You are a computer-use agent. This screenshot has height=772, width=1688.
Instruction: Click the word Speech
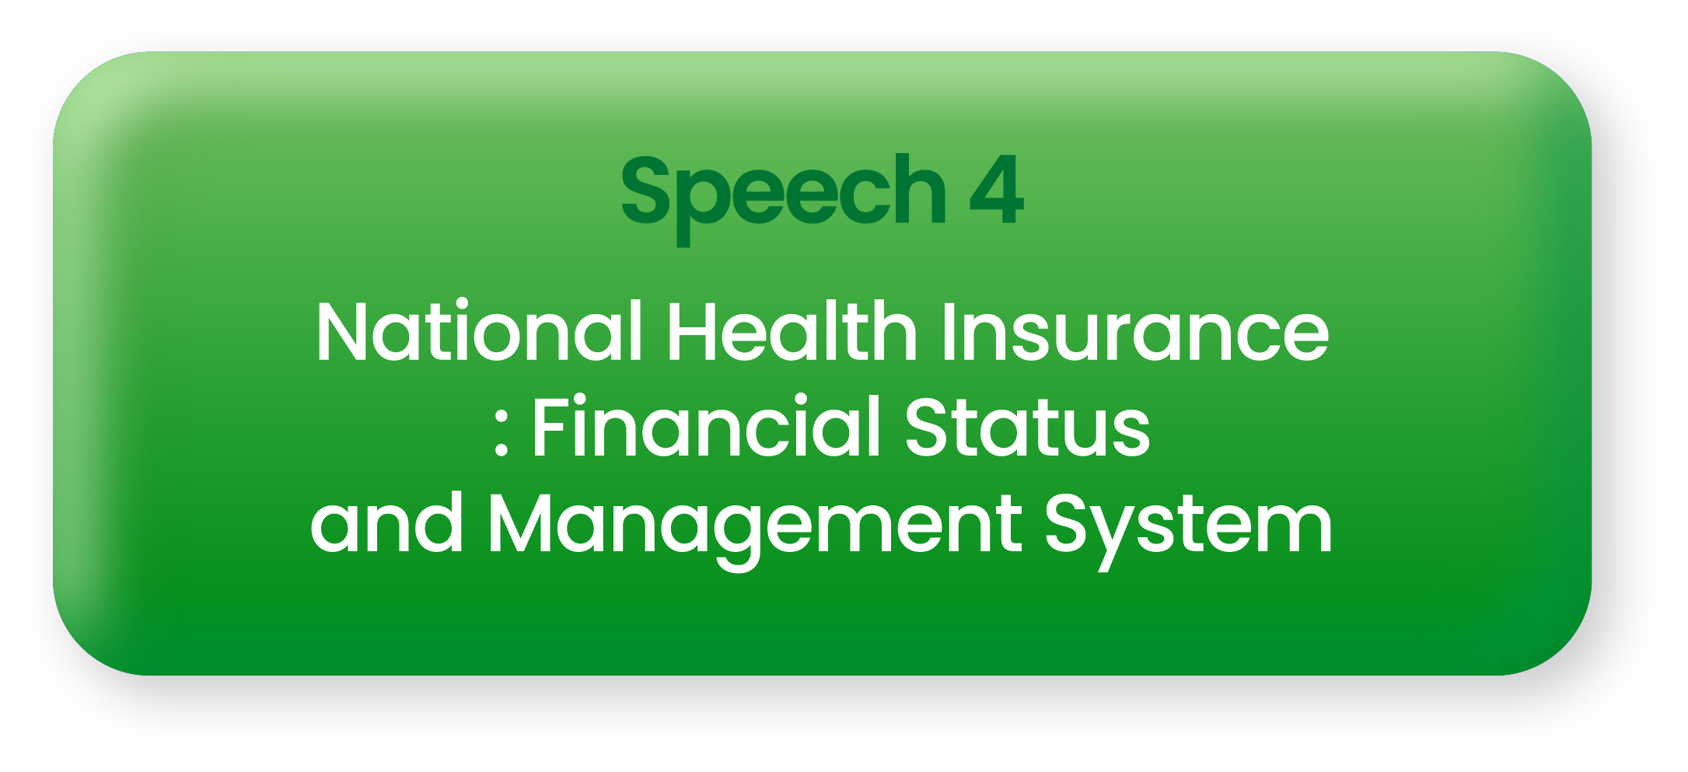784,197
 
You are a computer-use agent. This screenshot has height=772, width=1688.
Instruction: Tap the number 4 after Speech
997,189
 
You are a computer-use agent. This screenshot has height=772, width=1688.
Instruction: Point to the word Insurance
1135,331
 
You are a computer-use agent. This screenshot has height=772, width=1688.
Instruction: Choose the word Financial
706,426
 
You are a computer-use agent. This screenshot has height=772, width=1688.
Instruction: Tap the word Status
1026,426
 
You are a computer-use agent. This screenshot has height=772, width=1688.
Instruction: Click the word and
386,522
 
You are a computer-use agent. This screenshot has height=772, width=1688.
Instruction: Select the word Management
754,530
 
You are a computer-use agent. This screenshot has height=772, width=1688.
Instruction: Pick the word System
1188,530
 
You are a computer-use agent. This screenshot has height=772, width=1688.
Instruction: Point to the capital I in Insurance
948,331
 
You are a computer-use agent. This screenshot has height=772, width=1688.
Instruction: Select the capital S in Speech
645,189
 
